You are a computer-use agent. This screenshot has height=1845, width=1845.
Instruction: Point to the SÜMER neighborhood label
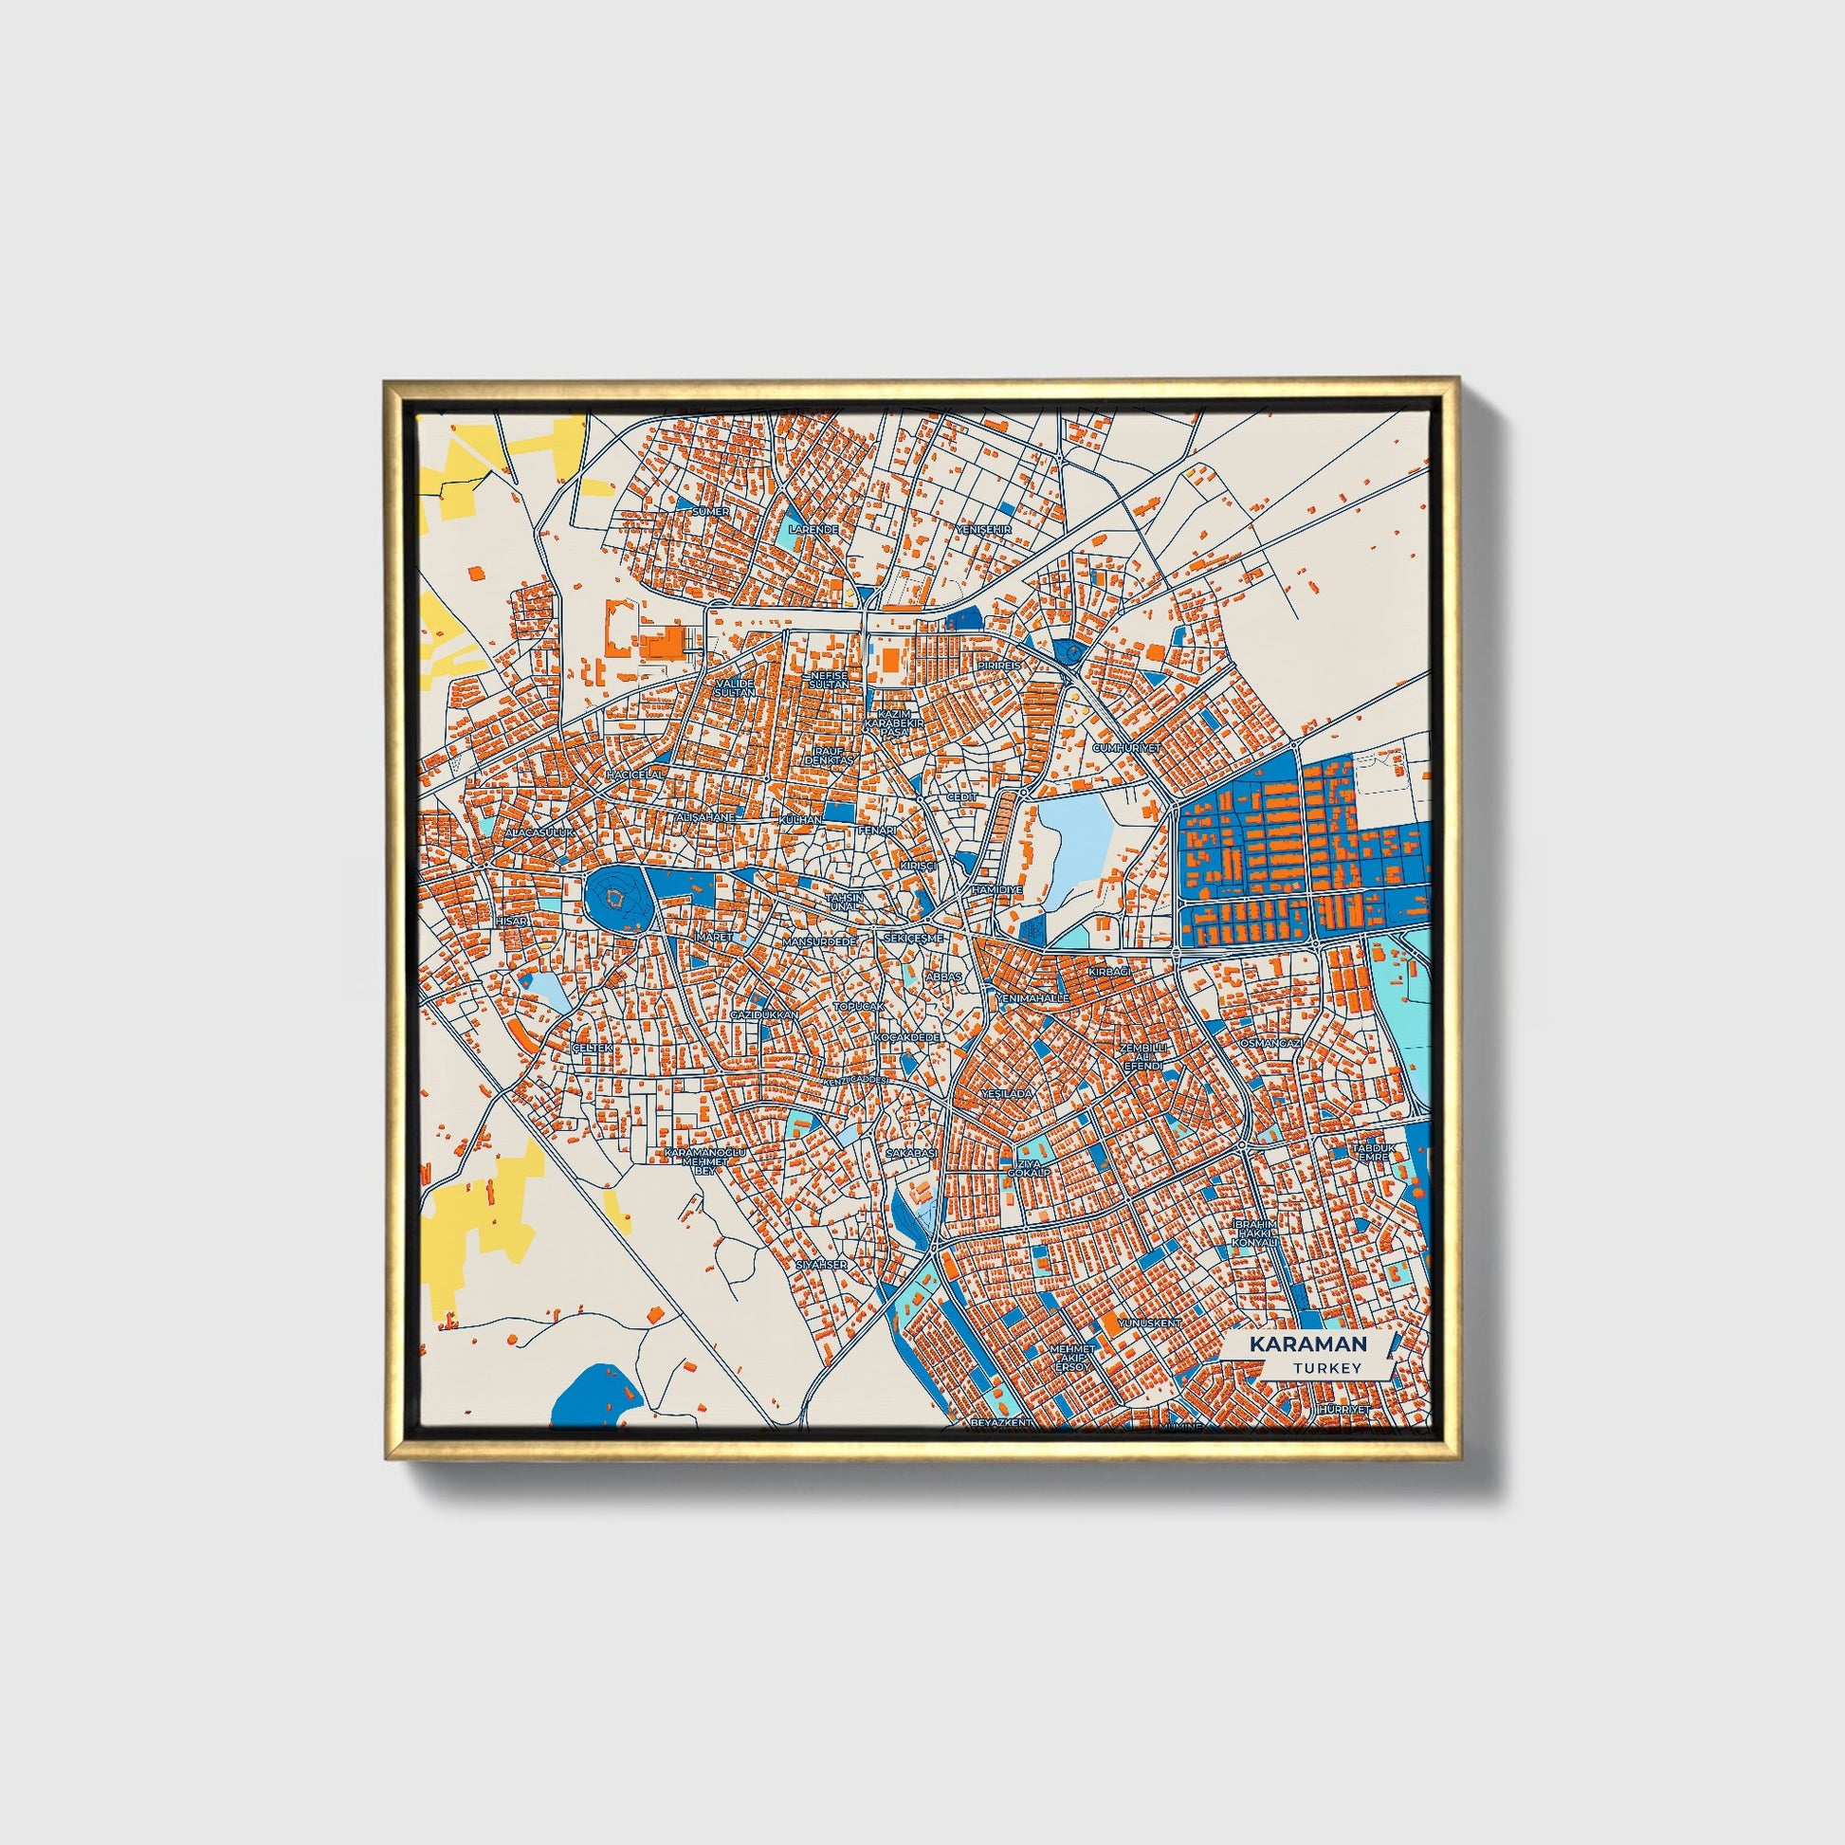click(x=710, y=512)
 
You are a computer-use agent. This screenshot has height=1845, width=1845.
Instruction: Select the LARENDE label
click(x=813, y=528)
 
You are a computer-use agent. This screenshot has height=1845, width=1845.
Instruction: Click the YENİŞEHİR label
click(x=982, y=528)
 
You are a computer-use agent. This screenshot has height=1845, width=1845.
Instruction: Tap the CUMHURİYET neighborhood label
click(x=1127, y=748)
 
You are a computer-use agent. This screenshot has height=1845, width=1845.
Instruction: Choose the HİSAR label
click(x=511, y=921)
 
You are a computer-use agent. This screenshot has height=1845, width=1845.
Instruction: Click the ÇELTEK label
click(x=589, y=1049)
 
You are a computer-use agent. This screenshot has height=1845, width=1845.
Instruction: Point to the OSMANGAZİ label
click(x=1271, y=1044)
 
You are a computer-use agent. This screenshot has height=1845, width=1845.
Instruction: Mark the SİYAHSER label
click(x=822, y=1264)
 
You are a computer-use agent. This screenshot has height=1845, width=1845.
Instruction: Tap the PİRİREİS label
click(x=999, y=665)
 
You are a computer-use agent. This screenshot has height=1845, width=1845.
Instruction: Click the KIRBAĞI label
click(x=1108, y=970)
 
